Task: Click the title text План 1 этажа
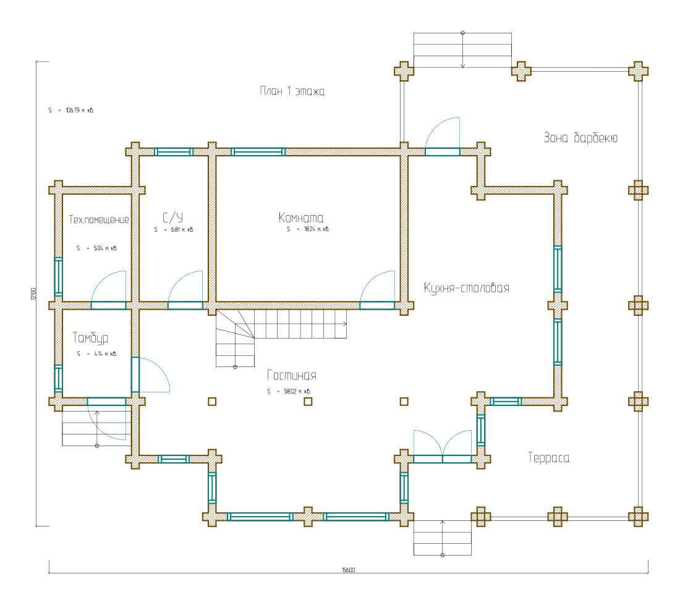[x=292, y=91]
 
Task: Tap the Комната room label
[x=301, y=218]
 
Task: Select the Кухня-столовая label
[x=467, y=288]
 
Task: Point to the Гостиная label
[x=292, y=375]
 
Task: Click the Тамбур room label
[x=90, y=338]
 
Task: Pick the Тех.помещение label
[x=99, y=219]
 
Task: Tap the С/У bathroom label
[x=173, y=218]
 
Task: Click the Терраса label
[x=548, y=458]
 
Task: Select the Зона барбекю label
[x=580, y=137]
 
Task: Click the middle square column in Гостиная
[x=308, y=402]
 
